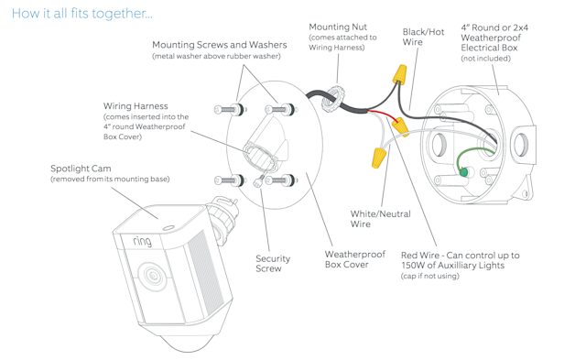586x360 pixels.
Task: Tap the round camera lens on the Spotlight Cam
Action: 153,276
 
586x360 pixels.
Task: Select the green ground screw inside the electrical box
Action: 463,172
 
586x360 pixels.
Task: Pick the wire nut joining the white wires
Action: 378,158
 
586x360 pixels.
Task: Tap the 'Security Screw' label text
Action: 273,264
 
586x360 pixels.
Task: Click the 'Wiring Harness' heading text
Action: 136,106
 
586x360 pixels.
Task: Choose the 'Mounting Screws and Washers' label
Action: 219,45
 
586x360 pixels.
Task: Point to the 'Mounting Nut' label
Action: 338,27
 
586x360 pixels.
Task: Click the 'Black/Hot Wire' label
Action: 423,37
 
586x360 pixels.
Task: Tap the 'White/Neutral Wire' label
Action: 380,219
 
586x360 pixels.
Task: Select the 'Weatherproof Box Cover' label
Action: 355,259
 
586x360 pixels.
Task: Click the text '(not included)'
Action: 486,59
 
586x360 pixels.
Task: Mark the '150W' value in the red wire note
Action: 416,266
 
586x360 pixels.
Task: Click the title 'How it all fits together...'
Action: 82,13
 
